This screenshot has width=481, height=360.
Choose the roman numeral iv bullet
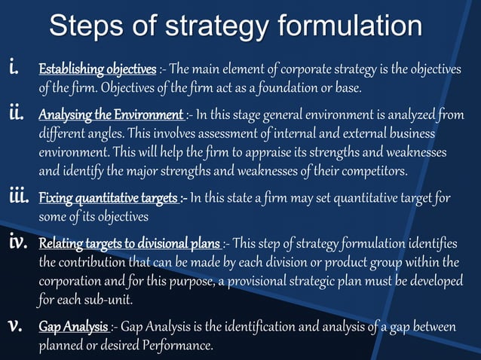click(19, 243)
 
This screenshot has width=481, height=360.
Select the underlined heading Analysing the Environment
click(111, 116)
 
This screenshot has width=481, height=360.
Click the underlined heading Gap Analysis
click(74, 328)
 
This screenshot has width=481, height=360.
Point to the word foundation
click(299, 88)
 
